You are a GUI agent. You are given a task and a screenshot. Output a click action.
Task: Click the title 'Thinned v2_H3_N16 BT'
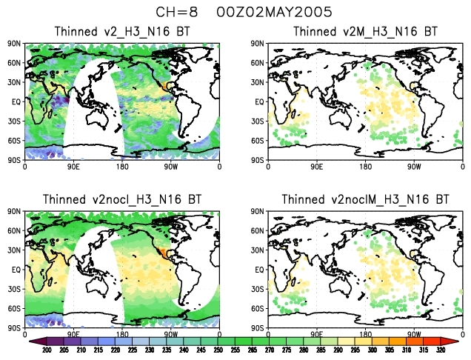point(122,32)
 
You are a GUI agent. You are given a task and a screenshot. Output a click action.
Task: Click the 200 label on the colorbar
point(45,350)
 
